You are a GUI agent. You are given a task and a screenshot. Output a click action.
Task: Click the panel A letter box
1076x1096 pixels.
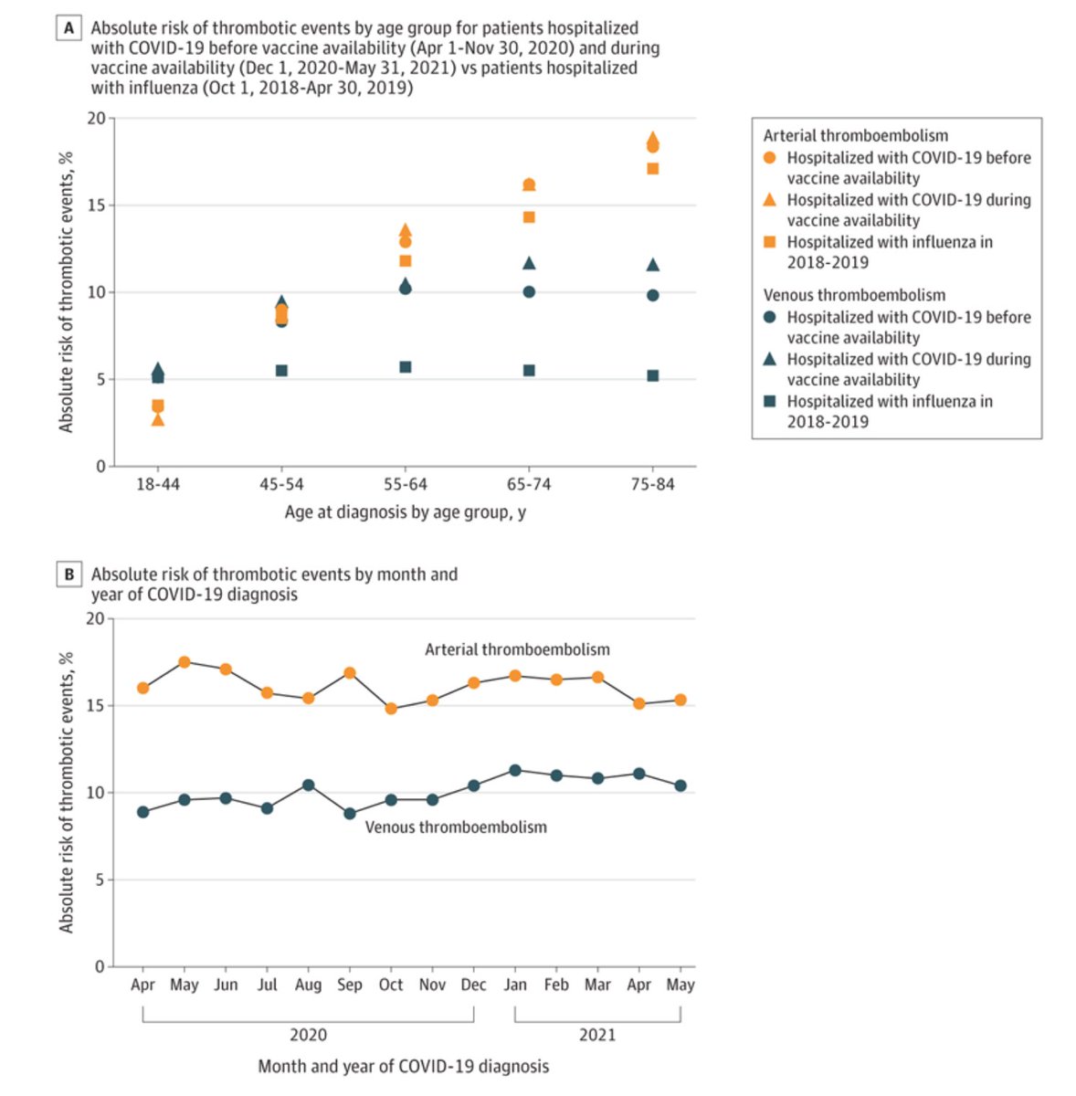point(69,28)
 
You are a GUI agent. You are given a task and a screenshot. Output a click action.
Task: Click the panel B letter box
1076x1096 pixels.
point(69,574)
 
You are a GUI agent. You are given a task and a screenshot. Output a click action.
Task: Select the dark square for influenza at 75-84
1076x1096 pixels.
point(652,375)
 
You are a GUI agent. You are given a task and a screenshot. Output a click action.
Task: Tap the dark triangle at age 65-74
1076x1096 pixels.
point(529,263)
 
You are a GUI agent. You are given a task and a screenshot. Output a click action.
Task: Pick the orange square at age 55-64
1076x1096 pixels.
point(406,260)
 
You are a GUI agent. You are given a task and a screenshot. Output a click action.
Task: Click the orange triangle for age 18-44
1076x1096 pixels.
point(158,419)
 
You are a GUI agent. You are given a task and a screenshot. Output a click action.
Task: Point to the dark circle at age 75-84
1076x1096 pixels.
point(652,295)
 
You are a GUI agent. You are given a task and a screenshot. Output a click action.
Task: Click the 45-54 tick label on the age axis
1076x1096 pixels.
point(281,484)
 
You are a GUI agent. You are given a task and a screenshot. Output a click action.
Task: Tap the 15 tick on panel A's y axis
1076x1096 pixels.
point(95,205)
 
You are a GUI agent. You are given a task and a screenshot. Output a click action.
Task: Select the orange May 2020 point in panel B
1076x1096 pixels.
point(185,662)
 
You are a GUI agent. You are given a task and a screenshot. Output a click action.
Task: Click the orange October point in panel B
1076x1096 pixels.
point(391,709)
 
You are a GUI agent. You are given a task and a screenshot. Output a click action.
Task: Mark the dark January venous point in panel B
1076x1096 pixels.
point(515,770)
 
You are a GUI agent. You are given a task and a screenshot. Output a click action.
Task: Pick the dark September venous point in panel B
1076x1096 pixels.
point(350,813)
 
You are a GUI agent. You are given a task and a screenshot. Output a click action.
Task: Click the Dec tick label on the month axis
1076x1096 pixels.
point(474,985)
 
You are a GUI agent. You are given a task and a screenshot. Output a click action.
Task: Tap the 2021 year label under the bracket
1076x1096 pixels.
point(597,1035)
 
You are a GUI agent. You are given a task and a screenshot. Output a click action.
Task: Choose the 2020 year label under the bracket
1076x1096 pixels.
point(308,1035)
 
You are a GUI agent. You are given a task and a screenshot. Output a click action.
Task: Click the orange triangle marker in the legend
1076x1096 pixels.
point(769,199)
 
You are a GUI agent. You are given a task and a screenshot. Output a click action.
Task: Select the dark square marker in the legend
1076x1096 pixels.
point(769,401)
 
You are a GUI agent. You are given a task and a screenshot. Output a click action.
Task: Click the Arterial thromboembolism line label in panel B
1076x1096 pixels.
point(517,649)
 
